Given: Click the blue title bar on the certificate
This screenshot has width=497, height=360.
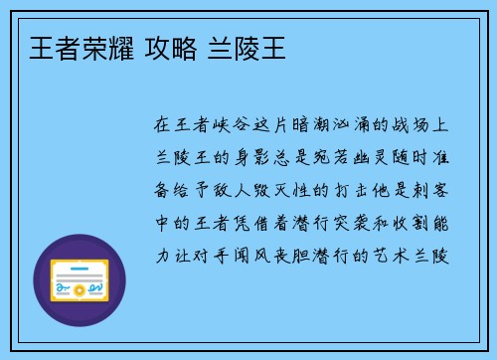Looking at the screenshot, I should point(79,267).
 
